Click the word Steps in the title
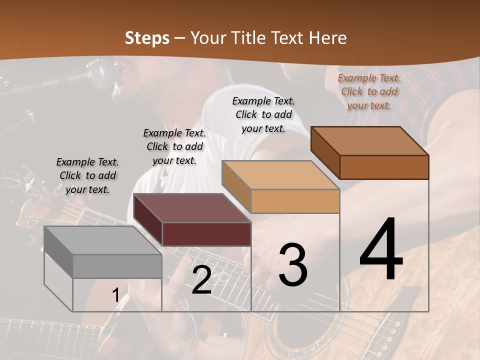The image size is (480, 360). tap(146, 38)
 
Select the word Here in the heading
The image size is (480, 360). tap(328, 38)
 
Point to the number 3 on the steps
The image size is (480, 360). tap(293, 265)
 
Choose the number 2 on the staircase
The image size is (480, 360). tap(201, 280)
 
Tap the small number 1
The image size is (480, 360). tap(115, 295)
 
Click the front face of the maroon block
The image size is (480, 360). tap(206, 234)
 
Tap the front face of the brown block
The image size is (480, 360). tap(384, 167)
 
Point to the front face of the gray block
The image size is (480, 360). tap(117, 266)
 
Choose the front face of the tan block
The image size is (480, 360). tap(295, 201)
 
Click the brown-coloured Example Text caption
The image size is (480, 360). tap(369, 91)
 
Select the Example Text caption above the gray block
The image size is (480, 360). tap(87, 175)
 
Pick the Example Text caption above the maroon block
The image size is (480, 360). tap(174, 146)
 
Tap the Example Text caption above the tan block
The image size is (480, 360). tap(263, 114)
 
